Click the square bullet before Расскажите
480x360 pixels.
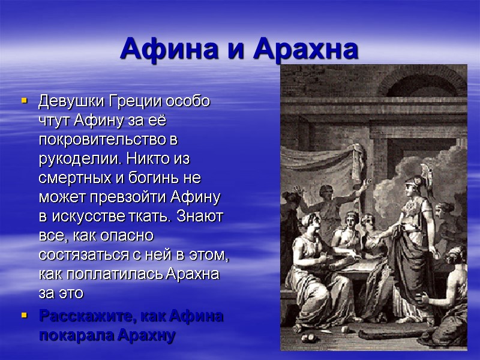point(25,315)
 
